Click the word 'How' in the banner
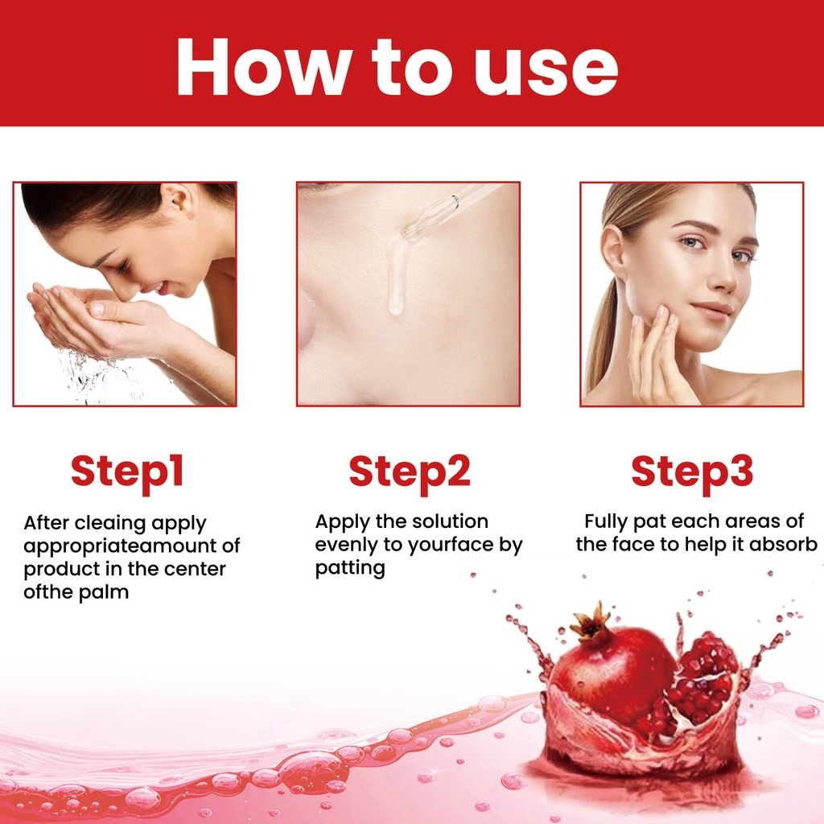[x=264, y=67]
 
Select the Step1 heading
[x=127, y=472]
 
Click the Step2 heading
[x=410, y=472]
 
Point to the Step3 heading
[x=691, y=472]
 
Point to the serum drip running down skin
[x=396, y=276]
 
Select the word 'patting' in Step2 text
[x=350, y=569]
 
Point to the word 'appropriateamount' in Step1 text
[x=120, y=546]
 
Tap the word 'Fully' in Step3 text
[x=606, y=522]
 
